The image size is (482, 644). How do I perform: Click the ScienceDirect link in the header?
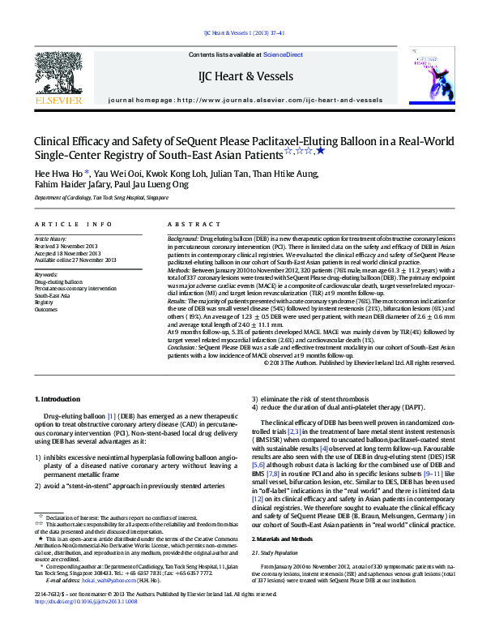pos(283,54)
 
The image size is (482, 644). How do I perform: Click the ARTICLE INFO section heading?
pos(73,224)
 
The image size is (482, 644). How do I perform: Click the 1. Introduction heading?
pos(58,400)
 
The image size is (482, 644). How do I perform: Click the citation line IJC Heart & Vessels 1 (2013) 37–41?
pos(240,34)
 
